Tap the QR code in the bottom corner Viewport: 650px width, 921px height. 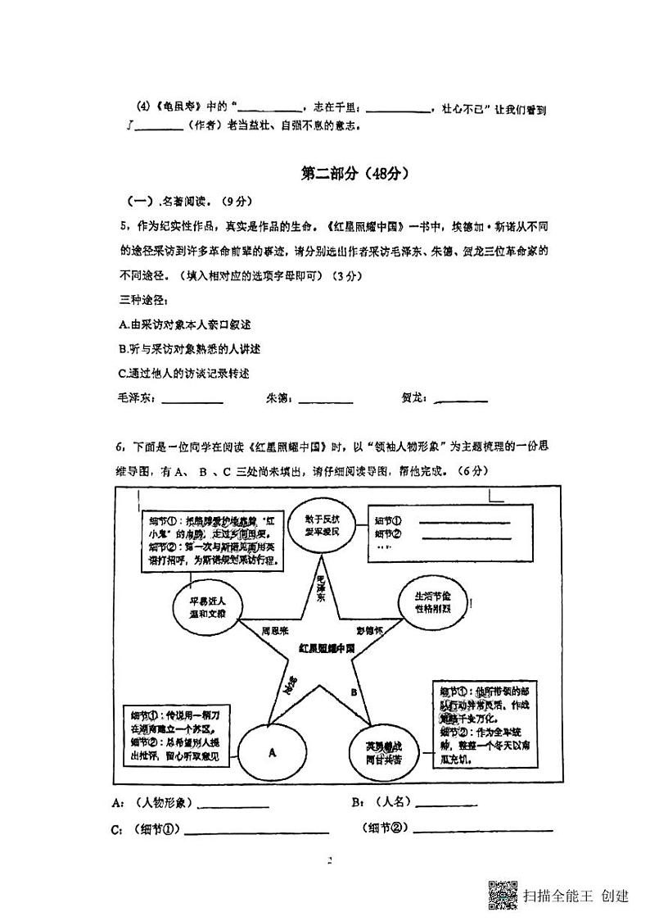(x=503, y=894)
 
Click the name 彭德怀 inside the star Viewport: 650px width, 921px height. (x=370, y=631)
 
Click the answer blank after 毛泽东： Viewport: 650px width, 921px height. (x=193, y=401)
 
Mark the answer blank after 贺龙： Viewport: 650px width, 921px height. (x=461, y=401)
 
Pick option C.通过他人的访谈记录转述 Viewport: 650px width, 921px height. (x=184, y=373)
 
